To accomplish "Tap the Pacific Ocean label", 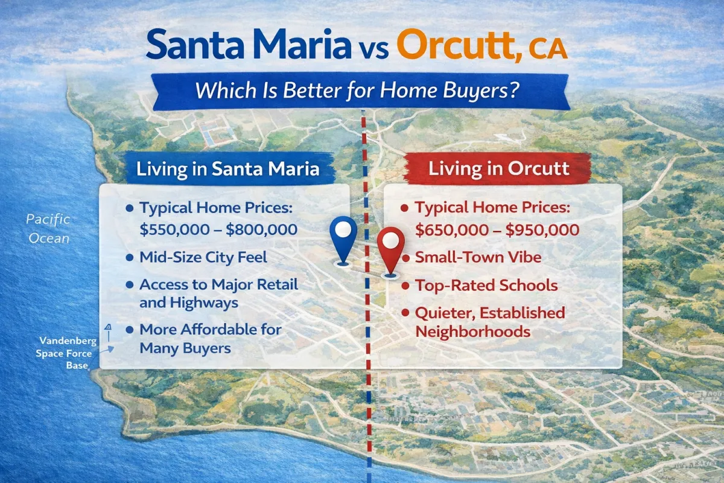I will point(48,228).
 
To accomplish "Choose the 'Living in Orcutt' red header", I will point(498,168).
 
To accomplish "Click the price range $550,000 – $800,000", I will point(218,229).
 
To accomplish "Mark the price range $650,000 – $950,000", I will point(498,229).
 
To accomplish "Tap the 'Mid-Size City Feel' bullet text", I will point(203,258).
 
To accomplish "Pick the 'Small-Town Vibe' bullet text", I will point(478,258).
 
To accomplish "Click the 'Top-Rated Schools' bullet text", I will point(486,285).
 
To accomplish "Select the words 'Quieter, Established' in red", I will point(490,313).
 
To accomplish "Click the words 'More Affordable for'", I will point(211,330).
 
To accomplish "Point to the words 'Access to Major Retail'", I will point(218,284).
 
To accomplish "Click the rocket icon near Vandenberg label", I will point(109,329).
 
